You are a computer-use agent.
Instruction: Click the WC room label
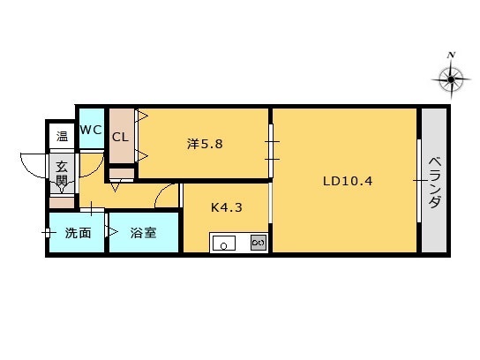tap(91, 130)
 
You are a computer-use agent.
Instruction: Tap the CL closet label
tap(120, 137)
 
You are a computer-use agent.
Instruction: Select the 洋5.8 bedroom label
tap(205, 144)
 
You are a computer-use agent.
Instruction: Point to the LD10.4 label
tap(348, 181)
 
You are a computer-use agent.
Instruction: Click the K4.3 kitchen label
tap(227, 207)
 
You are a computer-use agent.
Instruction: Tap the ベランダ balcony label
tap(435, 183)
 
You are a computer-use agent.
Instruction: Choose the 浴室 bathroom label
tap(143, 233)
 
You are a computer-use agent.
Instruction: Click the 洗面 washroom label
tap(78, 233)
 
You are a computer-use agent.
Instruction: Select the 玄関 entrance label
tap(62, 174)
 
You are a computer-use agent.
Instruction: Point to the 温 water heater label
tap(62, 136)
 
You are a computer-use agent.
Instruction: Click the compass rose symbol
tap(451, 79)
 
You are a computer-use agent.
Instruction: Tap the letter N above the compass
tap(451, 55)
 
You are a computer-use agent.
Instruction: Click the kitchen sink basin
tap(224, 243)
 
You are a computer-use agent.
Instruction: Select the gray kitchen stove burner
tap(259, 243)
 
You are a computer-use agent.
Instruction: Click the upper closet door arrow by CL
tap(142, 116)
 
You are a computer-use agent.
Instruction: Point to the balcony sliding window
tap(419, 181)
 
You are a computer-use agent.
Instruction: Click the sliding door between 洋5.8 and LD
tap(271, 150)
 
